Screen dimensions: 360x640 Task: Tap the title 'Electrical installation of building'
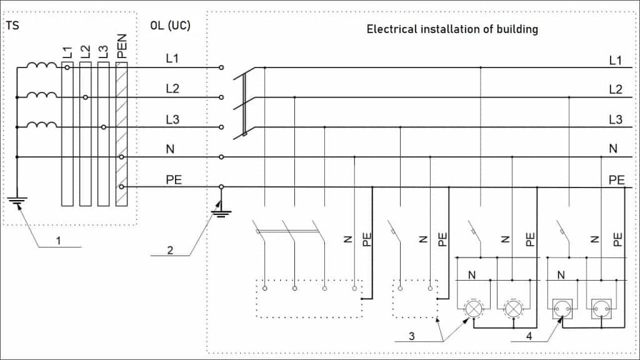(x=452, y=29)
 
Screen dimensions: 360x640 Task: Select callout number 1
(x=60, y=239)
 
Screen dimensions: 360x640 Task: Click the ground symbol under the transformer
(x=17, y=201)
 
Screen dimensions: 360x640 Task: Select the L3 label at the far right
(x=616, y=119)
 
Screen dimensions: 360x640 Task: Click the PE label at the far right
(x=616, y=180)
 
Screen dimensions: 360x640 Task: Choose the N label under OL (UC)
(x=170, y=149)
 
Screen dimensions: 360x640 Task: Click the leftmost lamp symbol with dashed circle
(x=472, y=307)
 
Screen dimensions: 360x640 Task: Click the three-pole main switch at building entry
(x=244, y=103)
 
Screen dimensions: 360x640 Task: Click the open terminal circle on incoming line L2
(x=221, y=97)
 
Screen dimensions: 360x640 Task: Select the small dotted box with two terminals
(x=414, y=299)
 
